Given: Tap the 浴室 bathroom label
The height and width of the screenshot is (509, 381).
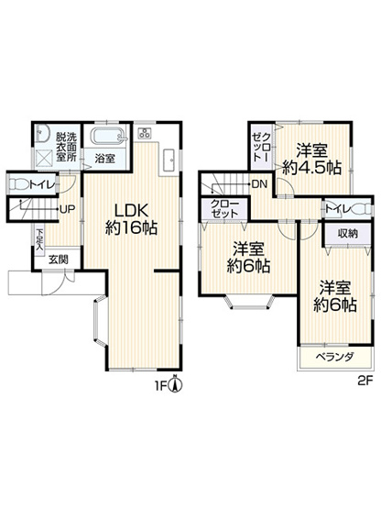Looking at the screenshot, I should coord(104,158).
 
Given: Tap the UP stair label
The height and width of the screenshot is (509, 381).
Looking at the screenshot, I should coord(68,209).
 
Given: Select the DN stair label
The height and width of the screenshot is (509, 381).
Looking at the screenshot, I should coord(260,184).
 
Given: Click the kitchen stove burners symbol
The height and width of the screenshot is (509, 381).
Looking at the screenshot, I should coord(146,135).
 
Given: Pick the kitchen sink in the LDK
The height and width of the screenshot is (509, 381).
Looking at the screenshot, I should coord(169,160).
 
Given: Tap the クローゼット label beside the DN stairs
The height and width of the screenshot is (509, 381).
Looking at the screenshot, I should coord(223,207).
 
